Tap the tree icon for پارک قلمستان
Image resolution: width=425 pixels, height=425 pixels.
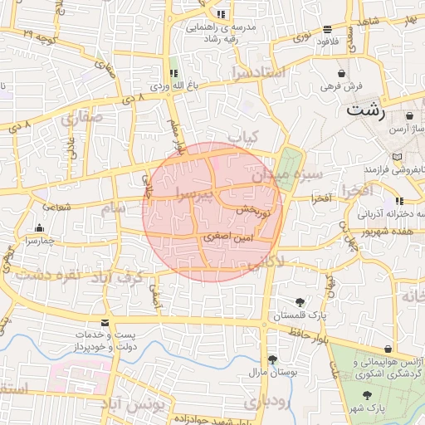(x=299, y=302)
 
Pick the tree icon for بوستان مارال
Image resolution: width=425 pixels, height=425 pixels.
(x=272, y=359)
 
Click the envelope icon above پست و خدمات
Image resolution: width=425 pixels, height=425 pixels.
(x=104, y=322)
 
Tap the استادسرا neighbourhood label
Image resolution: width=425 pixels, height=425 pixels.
(x=259, y=72)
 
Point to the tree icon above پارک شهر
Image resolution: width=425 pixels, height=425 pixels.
(x=368, y=395)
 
